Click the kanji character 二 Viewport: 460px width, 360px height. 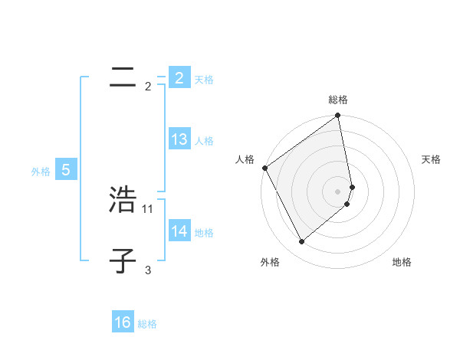click(123, 78)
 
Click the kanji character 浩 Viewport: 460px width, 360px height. click(123, 199)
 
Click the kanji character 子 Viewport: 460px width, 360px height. click(123, 261)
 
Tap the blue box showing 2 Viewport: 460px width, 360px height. click(179, 78)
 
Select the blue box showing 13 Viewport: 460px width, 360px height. click(179, 139)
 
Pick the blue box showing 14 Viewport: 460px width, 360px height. click(179, 231)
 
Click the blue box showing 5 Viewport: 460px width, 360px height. click(66, 171)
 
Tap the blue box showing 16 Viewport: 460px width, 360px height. click(123, 323)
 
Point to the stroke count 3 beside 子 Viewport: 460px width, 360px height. click(148, 270)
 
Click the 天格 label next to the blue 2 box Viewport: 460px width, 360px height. click(204, 79)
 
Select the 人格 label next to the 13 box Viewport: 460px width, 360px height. click(204, 141)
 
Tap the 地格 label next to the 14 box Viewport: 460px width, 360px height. click(204, 233)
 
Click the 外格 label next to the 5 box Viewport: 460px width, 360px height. click(41, 172)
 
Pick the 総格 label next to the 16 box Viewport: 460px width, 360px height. click(147, 325)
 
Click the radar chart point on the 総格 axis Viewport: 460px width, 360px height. click(337, 116)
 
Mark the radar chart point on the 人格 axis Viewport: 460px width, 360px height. click(264, 168)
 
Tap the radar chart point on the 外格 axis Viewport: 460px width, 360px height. click(301, 242)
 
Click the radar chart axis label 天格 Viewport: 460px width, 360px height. click(432, 159)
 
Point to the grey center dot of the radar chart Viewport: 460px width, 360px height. click(337, 191)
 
